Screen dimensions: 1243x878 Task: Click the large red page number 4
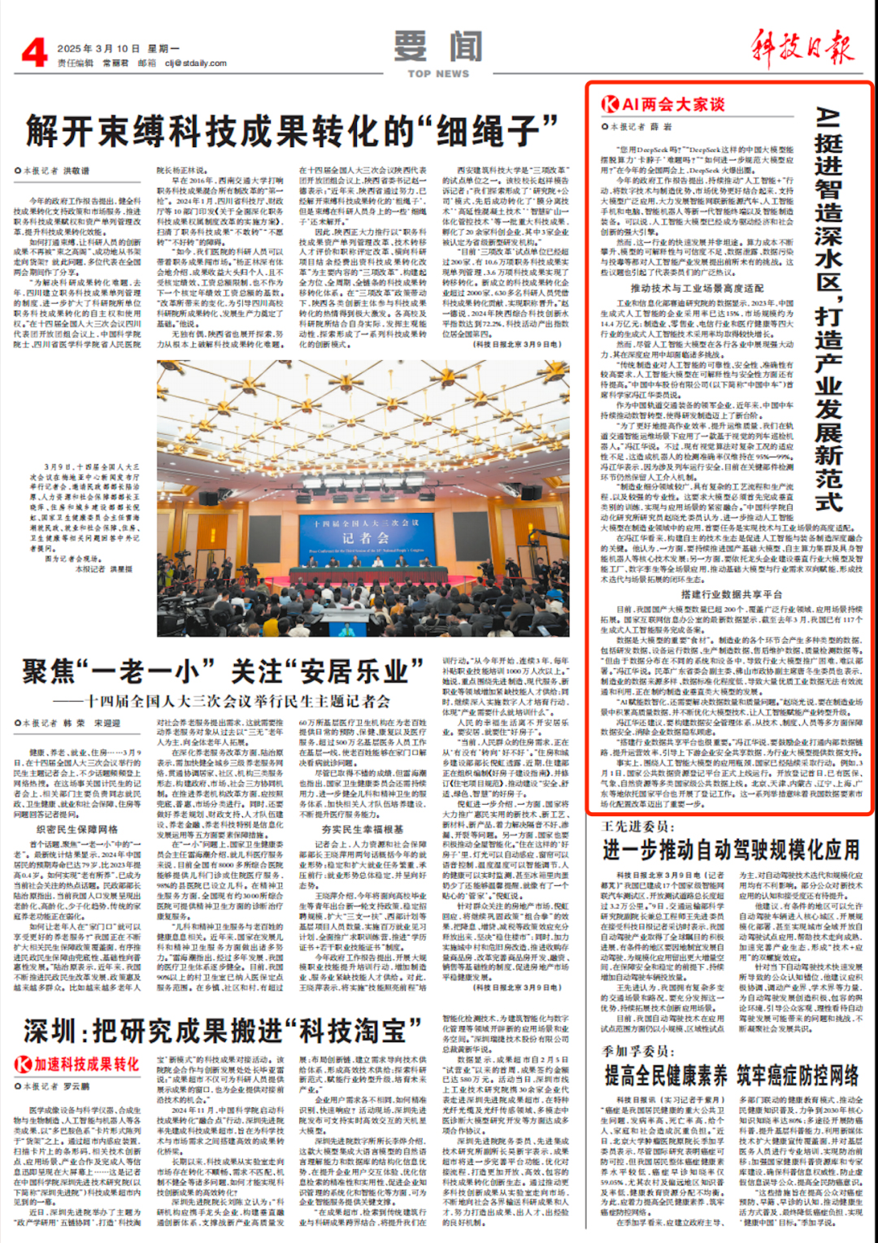coord(33,53)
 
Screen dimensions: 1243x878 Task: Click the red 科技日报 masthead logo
coord(802,47)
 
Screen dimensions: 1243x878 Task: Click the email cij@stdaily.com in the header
coord(195,63)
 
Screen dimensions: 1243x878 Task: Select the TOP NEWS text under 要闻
coord(438,74)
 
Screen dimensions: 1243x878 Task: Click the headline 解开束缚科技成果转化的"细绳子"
coord(293,130)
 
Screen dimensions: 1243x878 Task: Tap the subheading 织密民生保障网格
coord(77,829)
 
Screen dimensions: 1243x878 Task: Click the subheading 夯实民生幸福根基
coord(362,829)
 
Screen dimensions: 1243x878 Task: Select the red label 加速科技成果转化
coord(77,1064)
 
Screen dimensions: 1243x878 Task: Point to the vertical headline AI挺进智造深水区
coord(828,309)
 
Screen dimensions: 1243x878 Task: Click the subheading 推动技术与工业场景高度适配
coord(697,289)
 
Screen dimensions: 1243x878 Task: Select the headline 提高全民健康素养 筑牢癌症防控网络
coord(730,1076)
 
